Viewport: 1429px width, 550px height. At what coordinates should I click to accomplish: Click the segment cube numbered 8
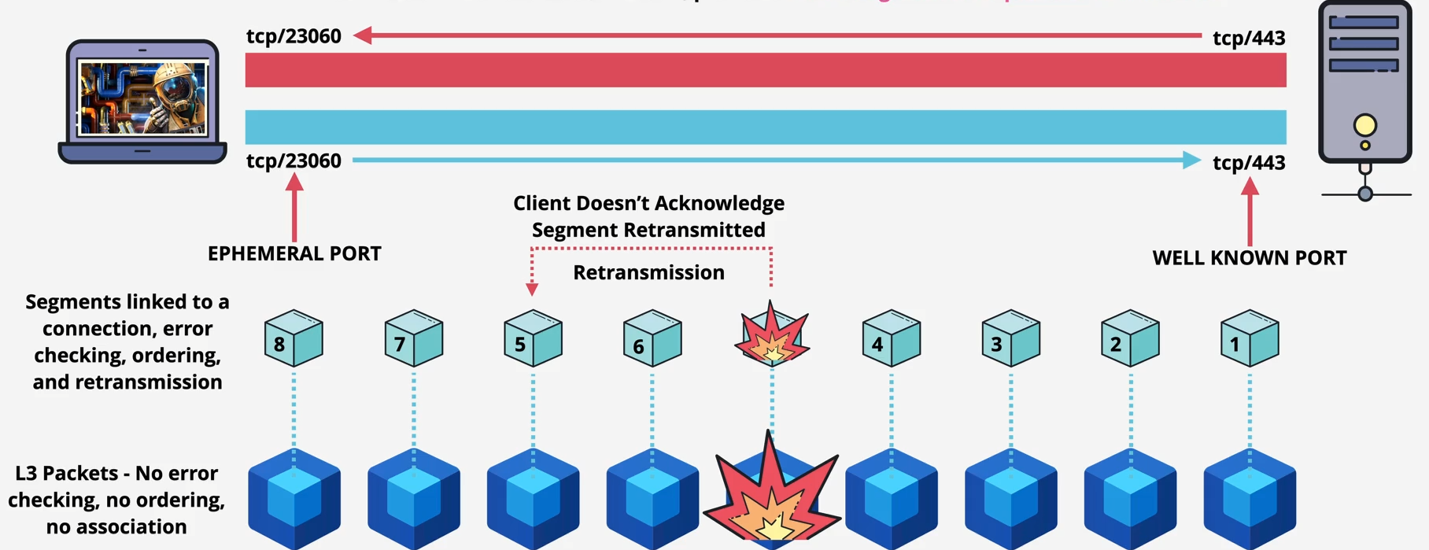(x=294, y=338)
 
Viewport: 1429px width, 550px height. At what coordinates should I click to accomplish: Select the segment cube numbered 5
(x=533, y=338)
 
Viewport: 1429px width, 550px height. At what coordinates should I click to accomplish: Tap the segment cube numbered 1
(x=1250, y=338)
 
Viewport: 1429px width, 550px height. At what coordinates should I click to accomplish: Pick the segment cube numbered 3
(x=1010, y=338)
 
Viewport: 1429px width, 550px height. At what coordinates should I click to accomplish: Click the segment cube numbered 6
(x=652, y=338)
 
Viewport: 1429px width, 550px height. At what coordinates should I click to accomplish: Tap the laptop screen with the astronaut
(x=142, y=98)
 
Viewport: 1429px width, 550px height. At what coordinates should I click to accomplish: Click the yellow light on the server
(x=1364, y=125)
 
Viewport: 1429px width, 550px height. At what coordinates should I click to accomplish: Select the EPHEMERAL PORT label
(x=294, y=253)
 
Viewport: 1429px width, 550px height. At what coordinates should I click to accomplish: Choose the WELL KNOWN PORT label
(x=1249, y=258)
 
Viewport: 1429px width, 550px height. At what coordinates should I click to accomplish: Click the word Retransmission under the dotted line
(x=648, y=272)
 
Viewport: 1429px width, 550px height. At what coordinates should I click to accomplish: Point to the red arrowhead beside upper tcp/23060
(x=363, y=35)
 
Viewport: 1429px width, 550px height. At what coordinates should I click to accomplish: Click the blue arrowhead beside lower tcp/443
(x=1191, y=161)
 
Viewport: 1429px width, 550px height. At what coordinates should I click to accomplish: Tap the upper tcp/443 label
(x=1249, y=38)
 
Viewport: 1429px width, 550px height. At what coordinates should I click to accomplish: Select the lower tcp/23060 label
(x=294, y=161)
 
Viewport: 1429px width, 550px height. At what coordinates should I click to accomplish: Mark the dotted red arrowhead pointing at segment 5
(x=532, y=290)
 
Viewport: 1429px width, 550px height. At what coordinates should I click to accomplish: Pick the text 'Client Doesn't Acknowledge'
(x=648, y=203)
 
